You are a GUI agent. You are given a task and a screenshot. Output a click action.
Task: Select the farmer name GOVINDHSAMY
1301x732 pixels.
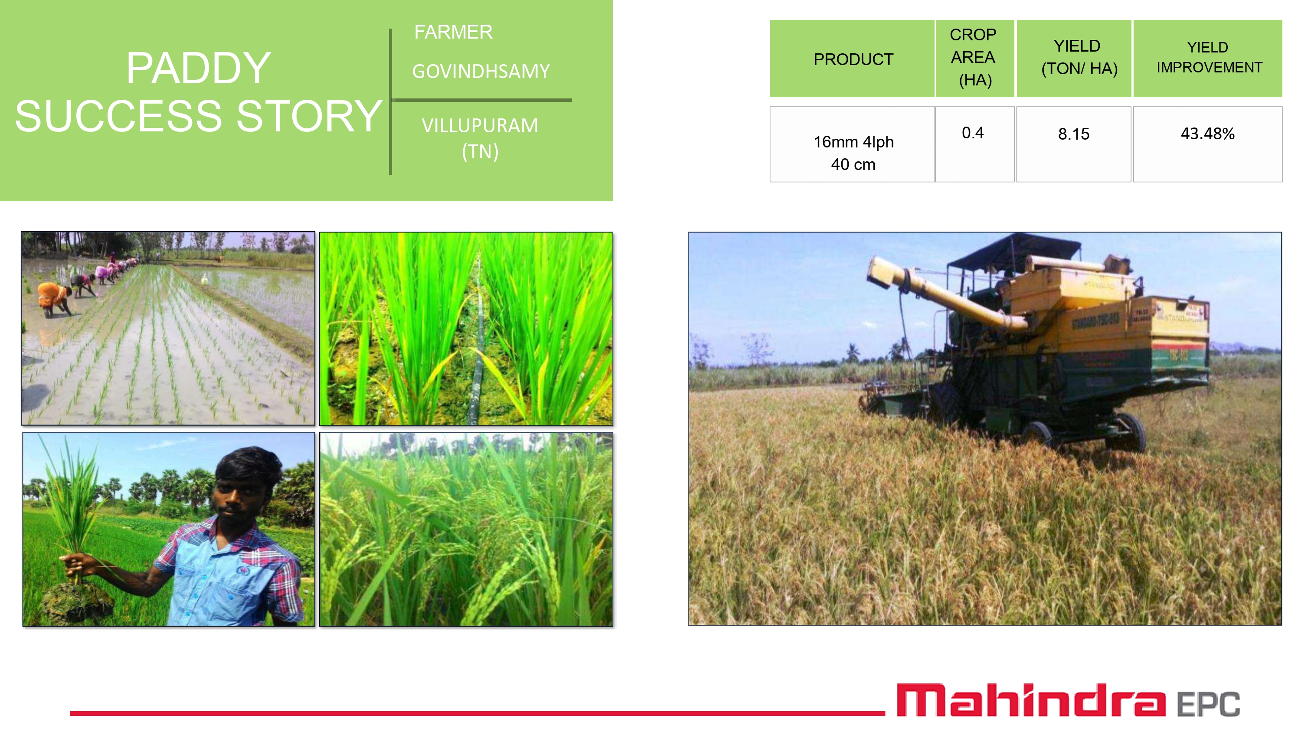coord(481,71)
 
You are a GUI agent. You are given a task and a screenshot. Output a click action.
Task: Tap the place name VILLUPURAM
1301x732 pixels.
coord(480,125)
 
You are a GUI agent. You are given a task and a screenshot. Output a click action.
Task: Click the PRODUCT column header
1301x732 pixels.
coord(853,59)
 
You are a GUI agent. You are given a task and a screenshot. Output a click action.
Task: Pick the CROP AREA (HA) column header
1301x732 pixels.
coord(973,57)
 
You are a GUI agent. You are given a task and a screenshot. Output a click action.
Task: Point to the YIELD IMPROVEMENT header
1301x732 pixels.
coord(1209,57)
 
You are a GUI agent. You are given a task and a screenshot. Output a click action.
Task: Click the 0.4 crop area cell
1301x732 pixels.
coord(973,133)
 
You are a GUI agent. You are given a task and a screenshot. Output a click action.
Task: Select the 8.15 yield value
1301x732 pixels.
coord(1074,134)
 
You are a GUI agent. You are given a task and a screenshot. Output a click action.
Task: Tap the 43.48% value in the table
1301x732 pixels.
coord(1208,134)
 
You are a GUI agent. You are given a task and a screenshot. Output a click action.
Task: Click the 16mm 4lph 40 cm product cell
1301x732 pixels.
coord(853,153)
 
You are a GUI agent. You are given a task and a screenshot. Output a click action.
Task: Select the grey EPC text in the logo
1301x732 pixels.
coord(1209,704)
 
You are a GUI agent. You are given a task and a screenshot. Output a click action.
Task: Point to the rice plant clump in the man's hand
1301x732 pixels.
coord(76,505)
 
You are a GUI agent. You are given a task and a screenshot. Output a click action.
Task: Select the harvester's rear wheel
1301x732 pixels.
coord(1127,432)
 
